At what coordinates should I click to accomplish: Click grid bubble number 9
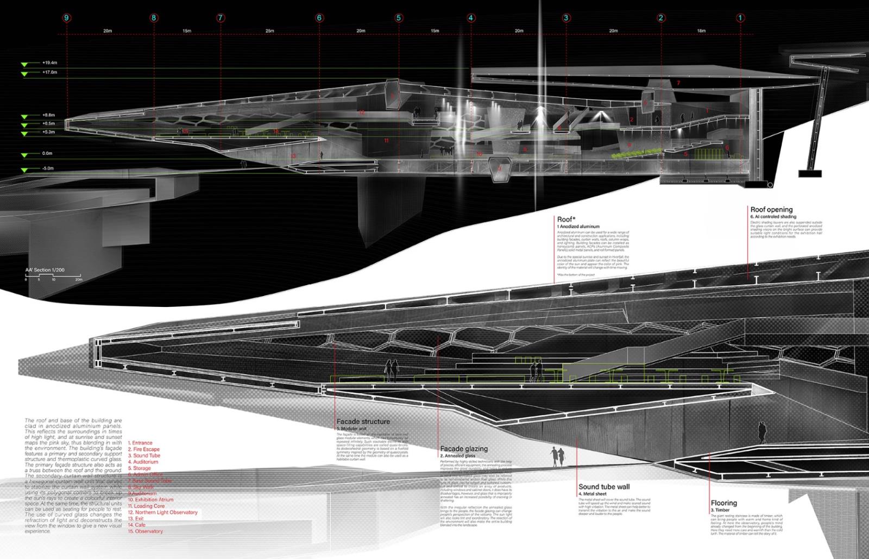coord(67,18)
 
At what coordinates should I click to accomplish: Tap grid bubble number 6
coord(319,18)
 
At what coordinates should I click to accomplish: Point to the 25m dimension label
coord(269,31)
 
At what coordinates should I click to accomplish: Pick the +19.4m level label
coord(49,63)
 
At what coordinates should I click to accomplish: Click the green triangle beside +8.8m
coord(24,116)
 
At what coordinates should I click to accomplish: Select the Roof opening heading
coord(771,209)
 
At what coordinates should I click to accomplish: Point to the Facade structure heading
coord(363,422)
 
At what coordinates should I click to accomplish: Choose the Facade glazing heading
coord(464,449)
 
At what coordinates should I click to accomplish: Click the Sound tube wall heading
coord(604,487)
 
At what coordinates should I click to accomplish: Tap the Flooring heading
coord(724,503)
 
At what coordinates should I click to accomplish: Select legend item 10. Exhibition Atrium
coord(151,499)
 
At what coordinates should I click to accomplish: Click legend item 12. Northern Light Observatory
coord(163,512)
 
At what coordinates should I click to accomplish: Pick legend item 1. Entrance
coord(140,443)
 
